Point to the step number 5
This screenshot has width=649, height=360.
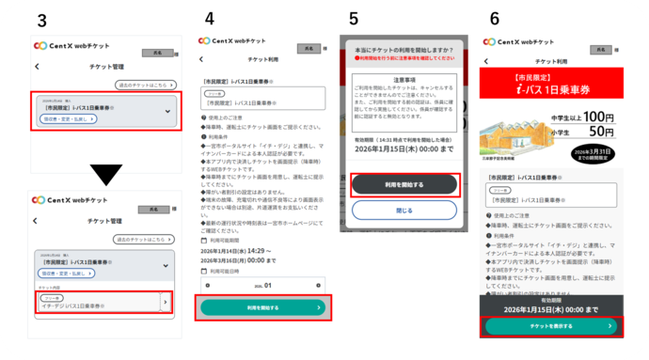click(x=353, y=18)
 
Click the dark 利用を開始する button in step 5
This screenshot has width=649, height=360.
click(x=404, y=185)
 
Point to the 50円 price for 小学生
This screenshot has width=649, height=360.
click(x=602, y=134)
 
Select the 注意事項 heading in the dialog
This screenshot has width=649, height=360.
click(x=404, y=82)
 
